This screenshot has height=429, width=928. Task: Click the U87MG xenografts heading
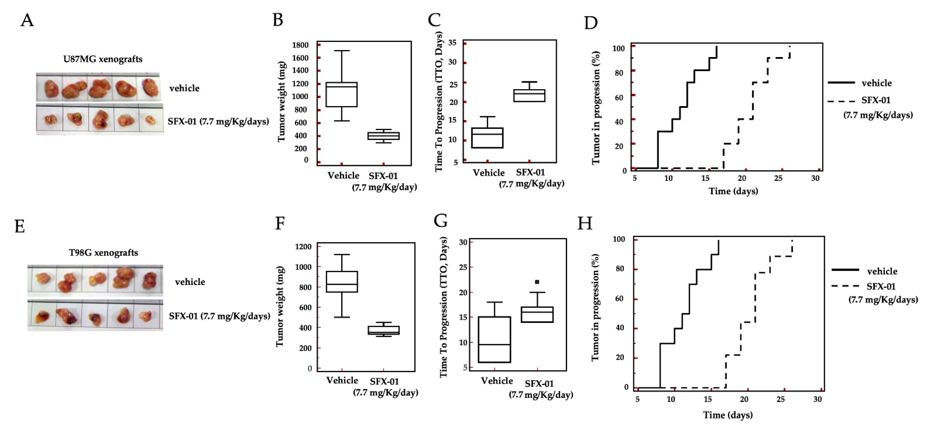pos(103,59)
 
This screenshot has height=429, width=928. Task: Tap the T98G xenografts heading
pos(103,253)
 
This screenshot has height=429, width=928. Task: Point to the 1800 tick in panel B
pos(301,45)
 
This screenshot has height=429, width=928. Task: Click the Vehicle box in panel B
pos(342,94)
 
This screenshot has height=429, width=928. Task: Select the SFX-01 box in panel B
pos(383,136)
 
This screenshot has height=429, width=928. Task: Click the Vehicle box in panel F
pos(342,282)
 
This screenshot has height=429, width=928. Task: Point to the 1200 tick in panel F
pos(303,247)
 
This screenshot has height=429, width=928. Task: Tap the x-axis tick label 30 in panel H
pos(817,399)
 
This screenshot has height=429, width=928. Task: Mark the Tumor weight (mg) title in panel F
pos(280,307)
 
